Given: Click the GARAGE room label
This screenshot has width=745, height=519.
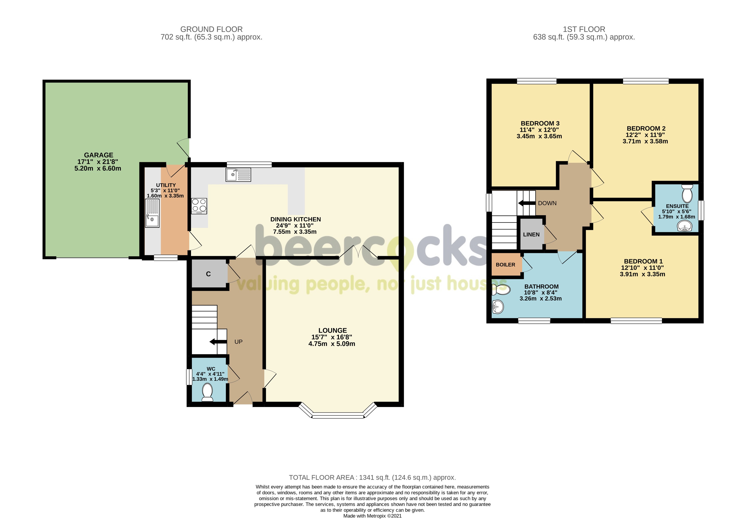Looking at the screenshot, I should click(98, 155).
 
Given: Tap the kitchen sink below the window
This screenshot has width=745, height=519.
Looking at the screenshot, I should click(238, 175).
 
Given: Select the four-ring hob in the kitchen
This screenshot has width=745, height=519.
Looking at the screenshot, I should click(199, 206).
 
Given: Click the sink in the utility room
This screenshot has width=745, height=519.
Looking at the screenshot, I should click(152, 213).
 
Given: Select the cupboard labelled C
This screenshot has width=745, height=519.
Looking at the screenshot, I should click(209, 274).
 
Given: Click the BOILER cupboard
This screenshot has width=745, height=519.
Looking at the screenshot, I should click(506, 265).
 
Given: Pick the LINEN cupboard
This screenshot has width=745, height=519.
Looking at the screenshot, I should click(531, 234).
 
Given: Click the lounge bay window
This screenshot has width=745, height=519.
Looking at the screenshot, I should click(338, 415).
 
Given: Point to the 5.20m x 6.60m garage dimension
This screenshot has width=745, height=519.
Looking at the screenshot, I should click(98, 169).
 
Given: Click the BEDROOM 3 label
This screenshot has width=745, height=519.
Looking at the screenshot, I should click(540, 123).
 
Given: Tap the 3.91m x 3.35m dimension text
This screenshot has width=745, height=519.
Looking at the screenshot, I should click(642, 274).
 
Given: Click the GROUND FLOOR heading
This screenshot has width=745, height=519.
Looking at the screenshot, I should click(211, 29).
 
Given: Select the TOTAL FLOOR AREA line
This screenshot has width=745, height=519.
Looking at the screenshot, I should click(372, 478).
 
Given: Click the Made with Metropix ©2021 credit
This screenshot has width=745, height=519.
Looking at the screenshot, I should click(372, 516).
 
